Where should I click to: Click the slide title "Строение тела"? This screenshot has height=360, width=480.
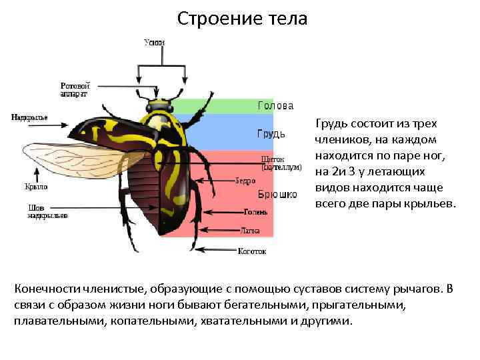[243, 19]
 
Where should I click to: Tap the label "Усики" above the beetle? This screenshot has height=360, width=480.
[155, 43]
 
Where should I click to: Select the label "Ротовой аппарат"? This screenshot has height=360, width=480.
[75, 90]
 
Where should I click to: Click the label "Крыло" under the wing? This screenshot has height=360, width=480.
[37, 187]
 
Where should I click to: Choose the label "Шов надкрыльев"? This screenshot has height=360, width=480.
[47, 211]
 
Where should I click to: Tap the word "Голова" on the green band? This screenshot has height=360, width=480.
[275, 106]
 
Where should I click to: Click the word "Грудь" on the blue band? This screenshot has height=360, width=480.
[271, 134]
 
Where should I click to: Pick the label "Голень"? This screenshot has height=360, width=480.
[255, 212]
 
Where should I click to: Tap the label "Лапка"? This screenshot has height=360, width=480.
[251, 231]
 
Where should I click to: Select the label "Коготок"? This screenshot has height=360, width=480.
[252, 251]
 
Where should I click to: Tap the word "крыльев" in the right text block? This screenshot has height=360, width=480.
[430, 203]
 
